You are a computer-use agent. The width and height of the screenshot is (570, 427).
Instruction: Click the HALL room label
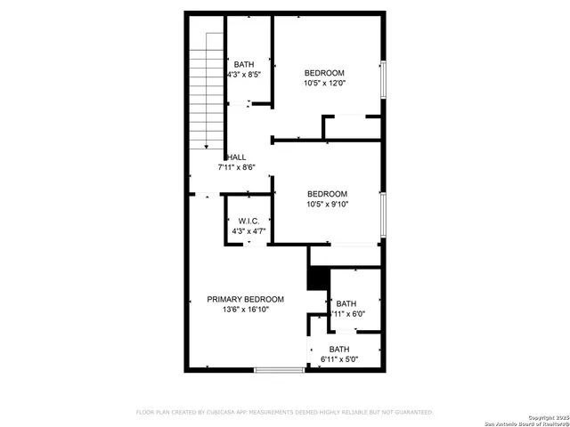[x=236, y=157]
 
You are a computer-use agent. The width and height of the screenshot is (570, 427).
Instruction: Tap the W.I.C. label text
[x=248, y=221]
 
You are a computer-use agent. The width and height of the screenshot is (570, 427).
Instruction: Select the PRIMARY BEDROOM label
[x=246, y=299]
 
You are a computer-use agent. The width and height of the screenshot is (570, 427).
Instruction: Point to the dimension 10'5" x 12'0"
[x=324, y=84]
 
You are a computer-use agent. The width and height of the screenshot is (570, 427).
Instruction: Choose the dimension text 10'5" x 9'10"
[x=327, y=204]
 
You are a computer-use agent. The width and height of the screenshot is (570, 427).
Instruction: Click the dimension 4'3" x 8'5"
[x=244, y=75]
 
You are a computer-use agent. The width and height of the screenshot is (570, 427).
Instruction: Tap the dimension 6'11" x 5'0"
[x=338, y=359]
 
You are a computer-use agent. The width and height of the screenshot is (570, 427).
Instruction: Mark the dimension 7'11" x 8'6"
[x=237, y=167]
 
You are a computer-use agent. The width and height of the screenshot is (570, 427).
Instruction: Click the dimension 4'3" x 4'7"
[x=248, y=231]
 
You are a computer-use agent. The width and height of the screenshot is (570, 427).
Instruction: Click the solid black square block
[x=317, y=278]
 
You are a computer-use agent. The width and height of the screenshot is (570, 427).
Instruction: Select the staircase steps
[x=206, y=89]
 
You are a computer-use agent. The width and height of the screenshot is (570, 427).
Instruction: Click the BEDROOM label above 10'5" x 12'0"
[x=324, y=73]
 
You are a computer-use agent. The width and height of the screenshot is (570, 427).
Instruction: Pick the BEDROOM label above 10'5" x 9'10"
[x=327, y=193]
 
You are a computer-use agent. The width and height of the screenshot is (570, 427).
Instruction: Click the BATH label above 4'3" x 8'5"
[x=244, y=64]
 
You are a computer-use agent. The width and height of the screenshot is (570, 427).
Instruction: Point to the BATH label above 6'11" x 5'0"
[x=338, y=349]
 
